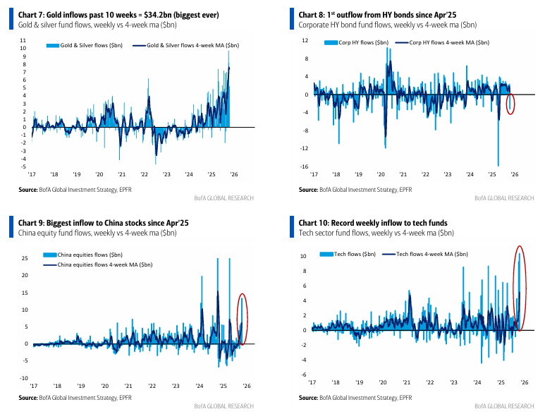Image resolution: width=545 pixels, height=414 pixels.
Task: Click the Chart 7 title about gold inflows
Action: coord(119,15)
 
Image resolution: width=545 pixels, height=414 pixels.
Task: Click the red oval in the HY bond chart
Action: coord(511,104)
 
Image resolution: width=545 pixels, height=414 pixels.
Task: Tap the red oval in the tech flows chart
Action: coord(520,288)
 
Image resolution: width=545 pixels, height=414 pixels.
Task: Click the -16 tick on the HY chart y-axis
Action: coord(304,166)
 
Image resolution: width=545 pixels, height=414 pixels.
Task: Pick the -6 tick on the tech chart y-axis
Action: coord(304,375)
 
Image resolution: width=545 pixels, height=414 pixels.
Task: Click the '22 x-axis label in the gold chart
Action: coord(144,173)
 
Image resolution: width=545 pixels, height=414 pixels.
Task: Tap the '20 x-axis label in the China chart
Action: coord(104,386)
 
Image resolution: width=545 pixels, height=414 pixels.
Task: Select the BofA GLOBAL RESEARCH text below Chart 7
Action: coord(223,198)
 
